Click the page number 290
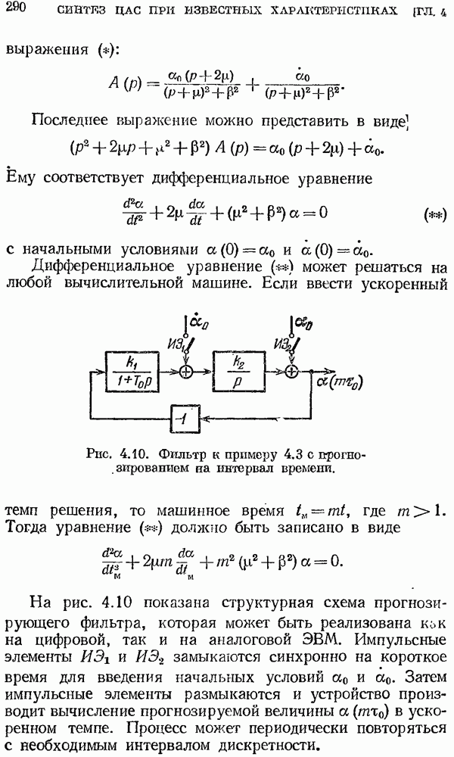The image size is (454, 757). pos(15,8)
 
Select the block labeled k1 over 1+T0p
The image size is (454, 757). pos(132,371)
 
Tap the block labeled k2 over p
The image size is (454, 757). pos(238,371)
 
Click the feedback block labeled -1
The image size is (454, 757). pos(185,419)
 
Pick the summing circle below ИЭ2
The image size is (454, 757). pos(291,371)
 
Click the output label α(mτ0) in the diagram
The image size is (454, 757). pos(340,381)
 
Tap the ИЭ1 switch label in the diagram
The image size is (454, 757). pos(178,344)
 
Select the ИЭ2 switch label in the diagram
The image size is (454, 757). pos(283,344)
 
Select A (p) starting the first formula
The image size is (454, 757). pos(126,83)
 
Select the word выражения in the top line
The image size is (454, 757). pos(47,50)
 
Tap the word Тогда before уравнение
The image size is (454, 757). pos(26,527)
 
